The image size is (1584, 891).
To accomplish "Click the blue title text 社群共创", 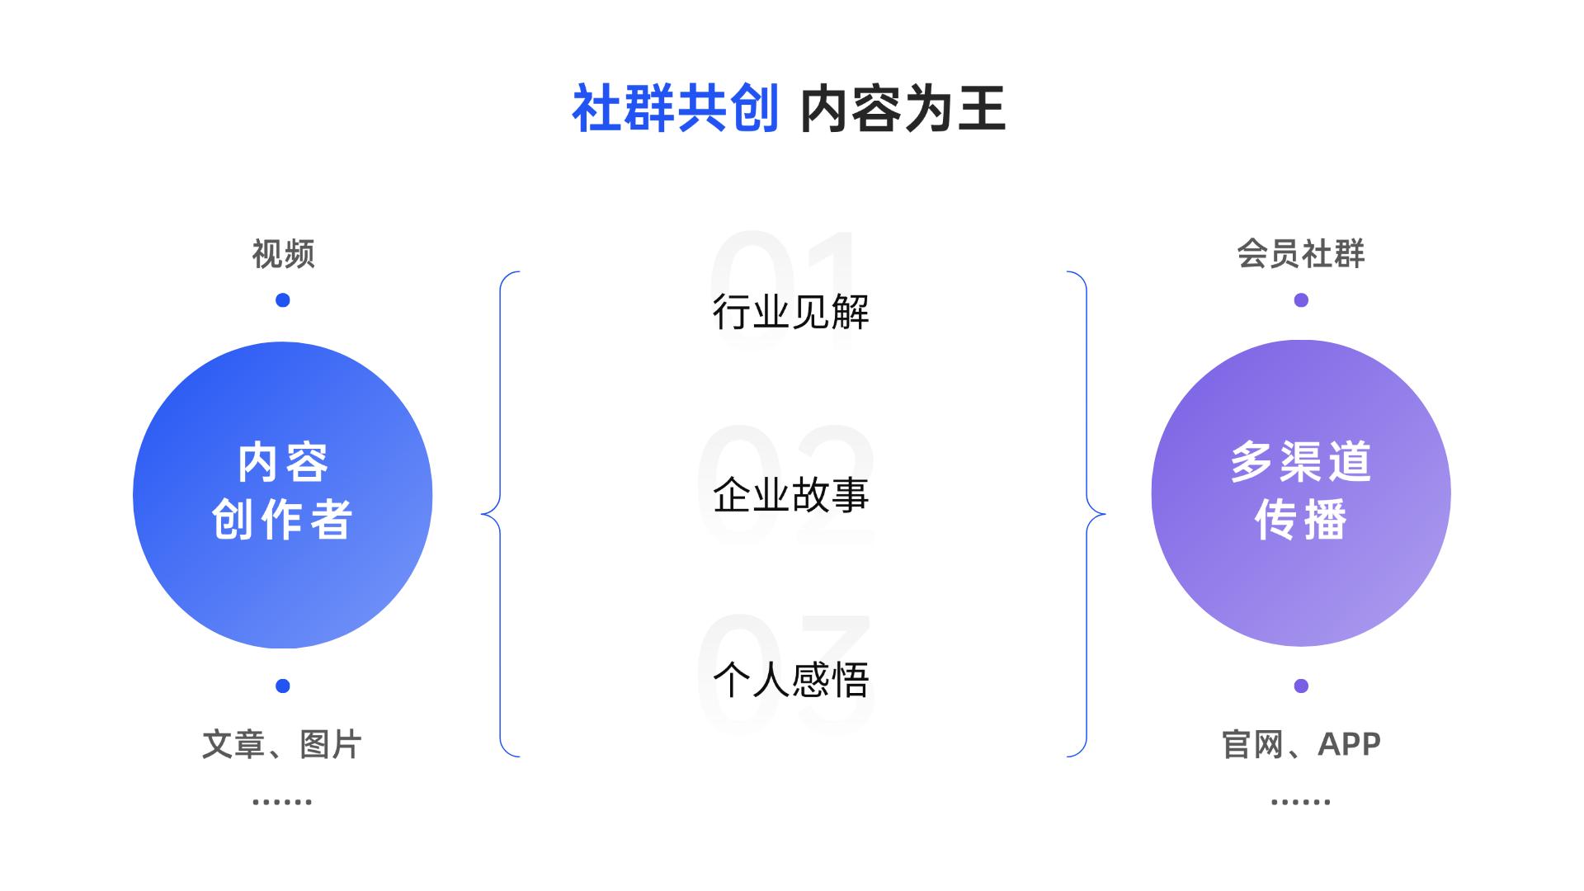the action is (676, 108).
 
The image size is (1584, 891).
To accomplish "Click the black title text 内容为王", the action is (903, 108).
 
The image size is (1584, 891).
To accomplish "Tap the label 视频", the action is (283, 254).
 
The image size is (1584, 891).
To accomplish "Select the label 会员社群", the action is (1301, 254).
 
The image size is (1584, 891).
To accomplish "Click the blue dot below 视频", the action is (283, 300).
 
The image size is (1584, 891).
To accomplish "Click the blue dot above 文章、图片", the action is (283, 686).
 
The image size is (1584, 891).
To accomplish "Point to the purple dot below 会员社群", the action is (1301, 300).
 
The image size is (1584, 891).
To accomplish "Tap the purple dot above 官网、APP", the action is (1301, 686).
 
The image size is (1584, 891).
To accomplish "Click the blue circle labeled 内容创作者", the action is (283, 495).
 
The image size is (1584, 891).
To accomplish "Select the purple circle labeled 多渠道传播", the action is (1301, 493).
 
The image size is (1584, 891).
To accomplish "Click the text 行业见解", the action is (791, 312).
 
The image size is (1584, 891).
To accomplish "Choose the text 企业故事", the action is (791, 495).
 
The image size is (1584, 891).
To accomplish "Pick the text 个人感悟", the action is (791, 680).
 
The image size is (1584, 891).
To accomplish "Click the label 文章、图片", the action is (283, 744).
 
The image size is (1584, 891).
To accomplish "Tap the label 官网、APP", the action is (1301, 744).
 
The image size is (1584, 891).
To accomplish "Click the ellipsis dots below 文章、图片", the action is (282, 802).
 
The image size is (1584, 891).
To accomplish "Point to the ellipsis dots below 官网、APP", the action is (1301, 802).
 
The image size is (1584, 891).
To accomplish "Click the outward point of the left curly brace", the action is (482, 514).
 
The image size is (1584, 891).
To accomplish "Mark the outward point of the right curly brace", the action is (1105, 514).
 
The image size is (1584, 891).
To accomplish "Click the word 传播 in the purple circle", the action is (1301, 520).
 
